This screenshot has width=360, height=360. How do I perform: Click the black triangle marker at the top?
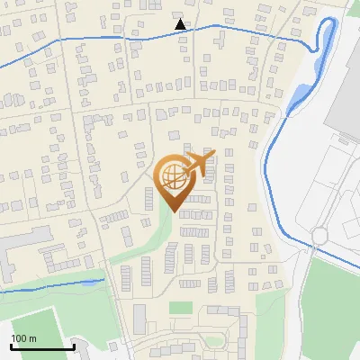tap(181, 24)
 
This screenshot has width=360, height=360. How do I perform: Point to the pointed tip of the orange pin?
tap(172, 211)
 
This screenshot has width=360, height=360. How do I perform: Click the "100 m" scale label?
tap(24, 338)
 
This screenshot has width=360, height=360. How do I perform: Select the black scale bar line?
tap(42, 346)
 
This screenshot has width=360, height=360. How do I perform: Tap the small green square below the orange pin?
tap(181, 308)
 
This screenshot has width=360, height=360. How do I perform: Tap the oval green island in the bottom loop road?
tap(213, 341)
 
